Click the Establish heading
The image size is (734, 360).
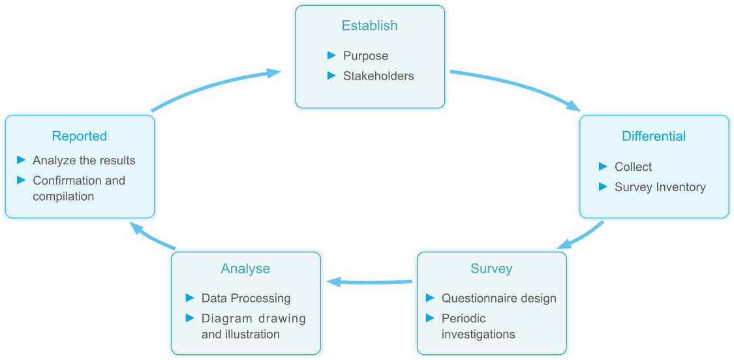369,26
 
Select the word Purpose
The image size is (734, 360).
365,56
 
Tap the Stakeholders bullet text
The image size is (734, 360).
378,76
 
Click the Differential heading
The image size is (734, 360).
653,136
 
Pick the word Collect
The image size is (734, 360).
633,167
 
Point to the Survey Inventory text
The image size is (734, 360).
660,187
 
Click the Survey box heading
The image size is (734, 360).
491,269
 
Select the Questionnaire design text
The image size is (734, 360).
498,299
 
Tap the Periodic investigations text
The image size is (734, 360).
478,326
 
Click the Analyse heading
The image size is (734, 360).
245,269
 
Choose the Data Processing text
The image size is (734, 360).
245,299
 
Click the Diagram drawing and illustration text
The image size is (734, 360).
253,326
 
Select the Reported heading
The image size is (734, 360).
79,136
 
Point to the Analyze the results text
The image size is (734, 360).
84,160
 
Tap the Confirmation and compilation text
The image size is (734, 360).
78,188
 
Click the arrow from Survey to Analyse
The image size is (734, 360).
369,282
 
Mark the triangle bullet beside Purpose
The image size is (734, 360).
331,55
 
